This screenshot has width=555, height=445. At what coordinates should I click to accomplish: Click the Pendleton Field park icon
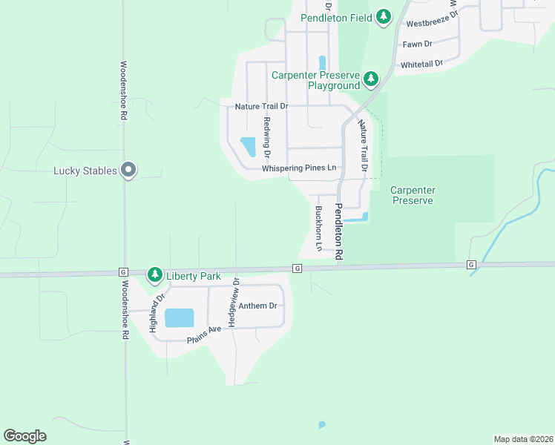pyautogui.click(x=383, y=16)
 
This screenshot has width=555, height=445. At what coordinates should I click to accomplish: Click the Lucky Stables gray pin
pyautogui.click(x=128, y=171)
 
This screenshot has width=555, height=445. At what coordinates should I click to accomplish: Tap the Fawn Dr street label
pyautogui.click(x=417, y=44)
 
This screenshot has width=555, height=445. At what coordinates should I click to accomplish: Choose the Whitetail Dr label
pyautogui.click(x=421, y=65)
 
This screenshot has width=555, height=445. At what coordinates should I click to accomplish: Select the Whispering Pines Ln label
pyautogui.click(x=299, y=168)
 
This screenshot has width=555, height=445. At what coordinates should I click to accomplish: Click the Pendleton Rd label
pyautogui.click(x=338, y=231)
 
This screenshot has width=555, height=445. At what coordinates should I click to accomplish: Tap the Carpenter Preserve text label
pyautogui.click(x=413, y=195)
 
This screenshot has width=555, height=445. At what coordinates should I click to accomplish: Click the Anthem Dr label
pyautogui.click(x=257, y=306)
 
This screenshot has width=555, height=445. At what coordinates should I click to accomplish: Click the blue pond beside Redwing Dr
pyautogui.click(x=248, y=146)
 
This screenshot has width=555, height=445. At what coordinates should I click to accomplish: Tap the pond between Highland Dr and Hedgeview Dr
pyautogui.click(x=179, y=317)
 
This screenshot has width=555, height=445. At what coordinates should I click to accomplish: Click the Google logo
pyautogui.click(x=24, y=436)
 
